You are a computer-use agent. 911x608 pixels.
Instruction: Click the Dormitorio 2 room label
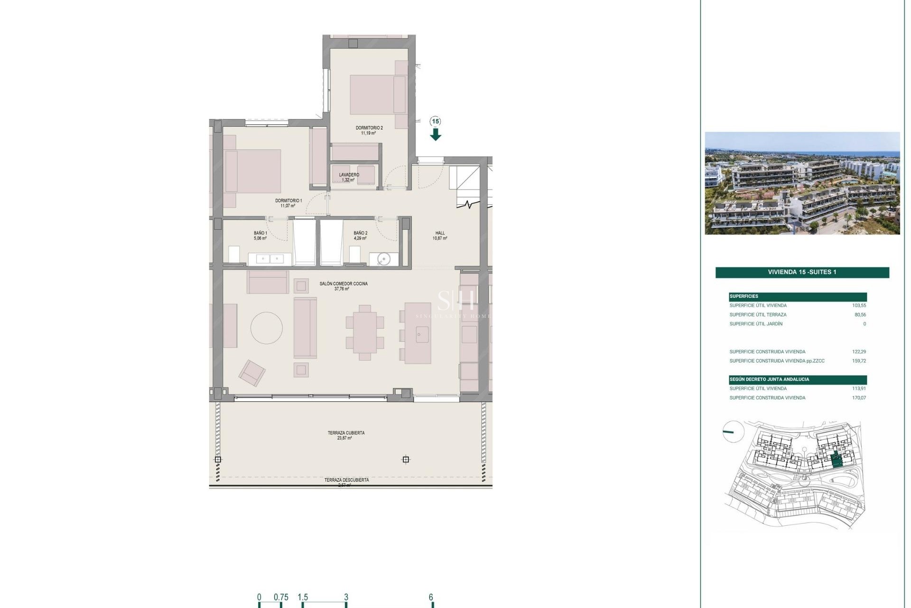coord(369,128)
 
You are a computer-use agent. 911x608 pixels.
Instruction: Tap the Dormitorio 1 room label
coord(288,201)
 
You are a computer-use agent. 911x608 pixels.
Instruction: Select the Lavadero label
coord(349,175)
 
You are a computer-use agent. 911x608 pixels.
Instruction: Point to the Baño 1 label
coord(260,233)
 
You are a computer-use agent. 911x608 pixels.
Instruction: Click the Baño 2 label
coord(360,233)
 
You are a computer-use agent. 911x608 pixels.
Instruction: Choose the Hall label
coord(440,233)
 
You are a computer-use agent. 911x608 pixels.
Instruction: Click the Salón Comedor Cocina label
coord(344,284)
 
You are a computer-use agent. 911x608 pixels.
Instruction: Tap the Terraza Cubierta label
coord(346,433)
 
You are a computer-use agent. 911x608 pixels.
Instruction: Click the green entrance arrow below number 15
coord(436,135)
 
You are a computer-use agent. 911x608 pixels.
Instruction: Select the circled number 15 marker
coord(436,122)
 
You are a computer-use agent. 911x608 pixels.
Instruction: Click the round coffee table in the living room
coord(267,328)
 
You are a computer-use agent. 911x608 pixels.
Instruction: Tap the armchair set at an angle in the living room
coord(252,372)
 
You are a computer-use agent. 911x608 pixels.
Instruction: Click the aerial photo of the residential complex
coord(802,183)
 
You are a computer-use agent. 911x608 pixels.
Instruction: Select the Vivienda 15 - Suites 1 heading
coord(802,272)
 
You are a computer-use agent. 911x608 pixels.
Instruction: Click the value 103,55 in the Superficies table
coord(859,306)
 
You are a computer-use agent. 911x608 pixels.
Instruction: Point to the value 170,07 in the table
coord(859,398)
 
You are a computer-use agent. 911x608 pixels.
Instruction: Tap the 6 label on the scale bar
coord(431,598)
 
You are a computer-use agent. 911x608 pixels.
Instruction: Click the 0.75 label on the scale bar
coord(281,598)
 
